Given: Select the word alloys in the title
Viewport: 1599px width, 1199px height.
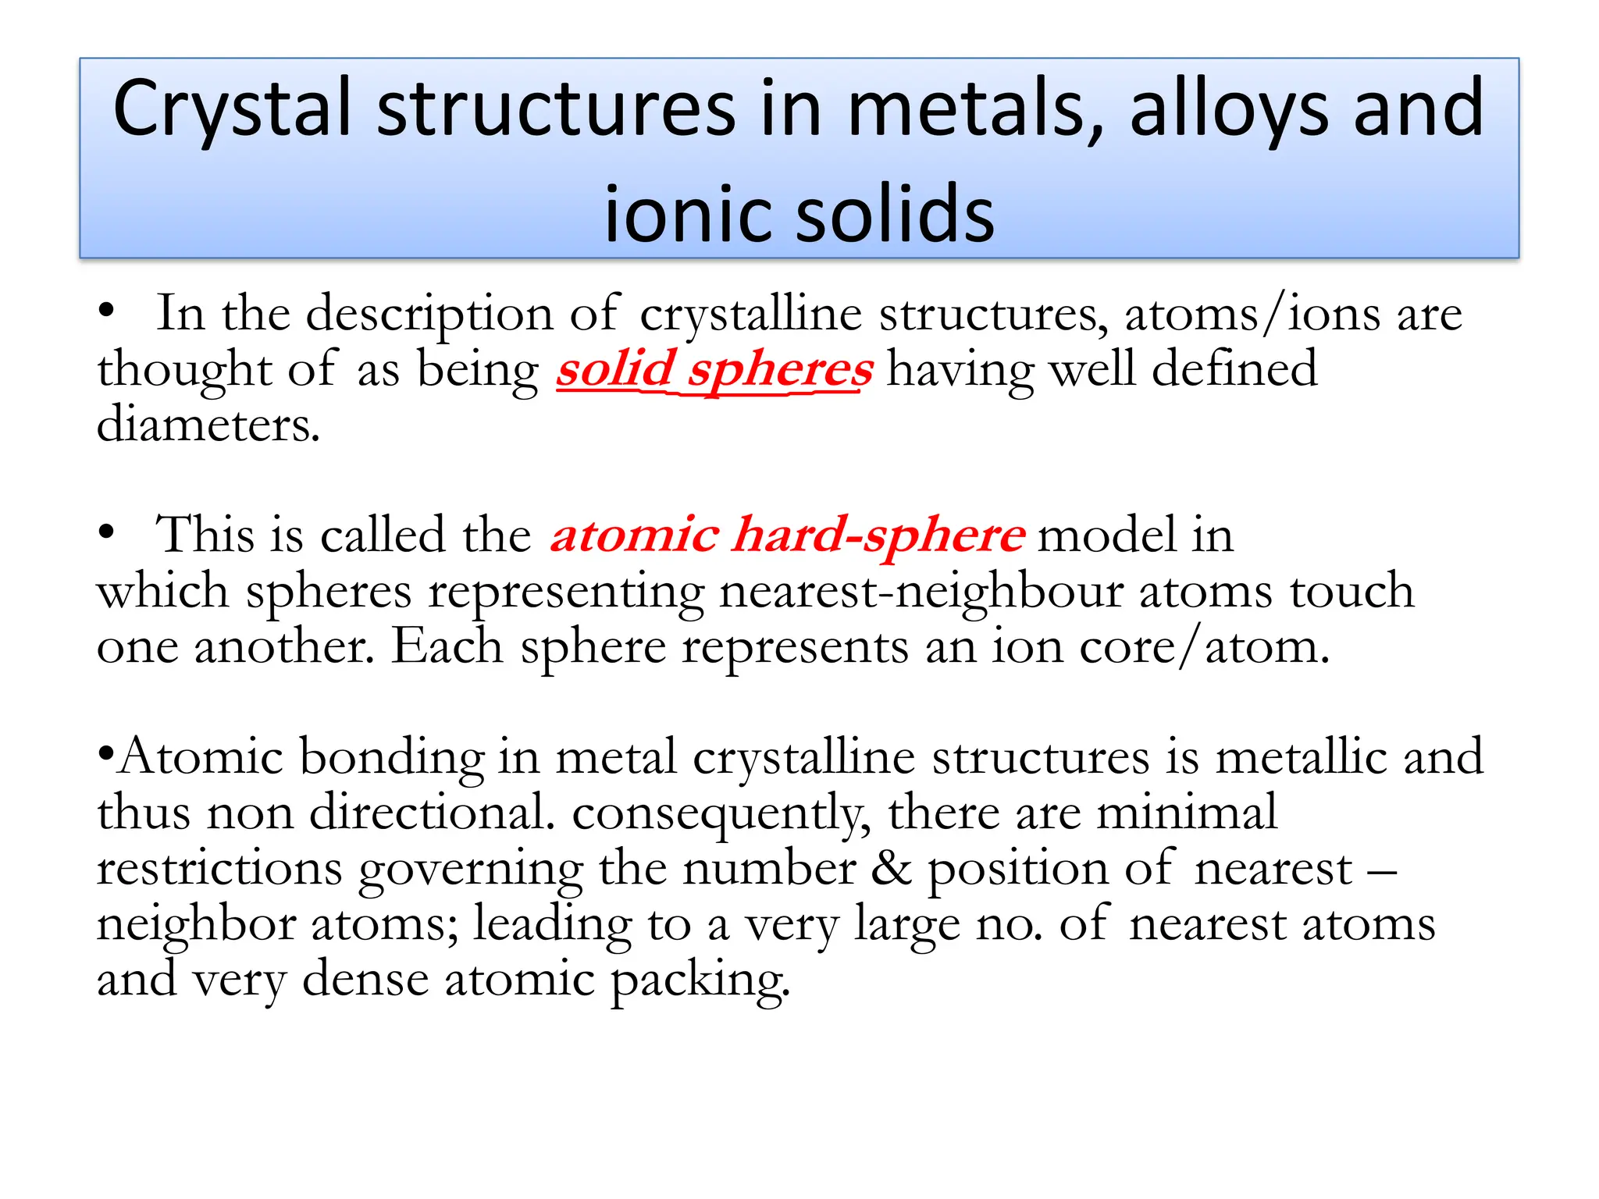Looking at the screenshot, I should tap(1230, 109).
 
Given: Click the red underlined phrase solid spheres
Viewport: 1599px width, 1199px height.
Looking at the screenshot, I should tap(714, 369).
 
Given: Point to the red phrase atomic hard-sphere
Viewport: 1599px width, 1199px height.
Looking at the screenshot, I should tap(787, 535).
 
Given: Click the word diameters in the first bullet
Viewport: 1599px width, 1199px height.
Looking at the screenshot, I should tap(208, 425).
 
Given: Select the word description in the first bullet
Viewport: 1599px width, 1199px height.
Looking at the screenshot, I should tap(429, 315).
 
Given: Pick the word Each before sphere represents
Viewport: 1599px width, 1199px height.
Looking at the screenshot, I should tap(447, 647).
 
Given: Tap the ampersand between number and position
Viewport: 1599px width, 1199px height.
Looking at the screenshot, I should tap(891, 869).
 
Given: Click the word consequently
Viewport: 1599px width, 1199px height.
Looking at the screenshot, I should tap(721, 813).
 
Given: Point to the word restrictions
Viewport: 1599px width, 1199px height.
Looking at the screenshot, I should tap(219, 869).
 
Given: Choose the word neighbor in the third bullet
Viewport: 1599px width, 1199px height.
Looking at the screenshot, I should tap(196, 925).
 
